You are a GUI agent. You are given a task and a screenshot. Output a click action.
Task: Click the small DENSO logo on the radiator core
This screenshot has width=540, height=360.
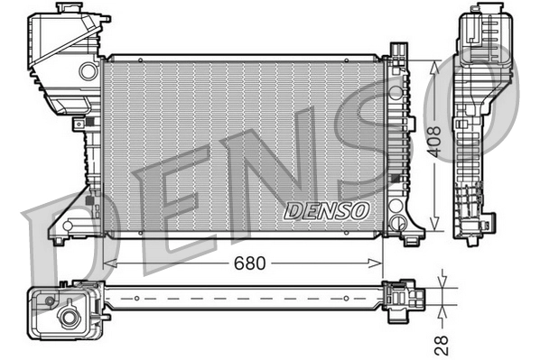pos(327,210)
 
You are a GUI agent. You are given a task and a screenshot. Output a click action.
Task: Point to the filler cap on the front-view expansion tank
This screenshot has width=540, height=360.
pos(66,9)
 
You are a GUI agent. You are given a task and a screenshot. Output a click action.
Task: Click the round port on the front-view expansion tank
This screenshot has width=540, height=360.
pos(88,70)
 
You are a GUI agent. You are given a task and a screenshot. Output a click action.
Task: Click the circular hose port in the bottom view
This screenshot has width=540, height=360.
pos(68,317)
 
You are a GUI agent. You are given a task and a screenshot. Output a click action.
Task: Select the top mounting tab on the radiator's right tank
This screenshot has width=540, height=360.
pos(397,51)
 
